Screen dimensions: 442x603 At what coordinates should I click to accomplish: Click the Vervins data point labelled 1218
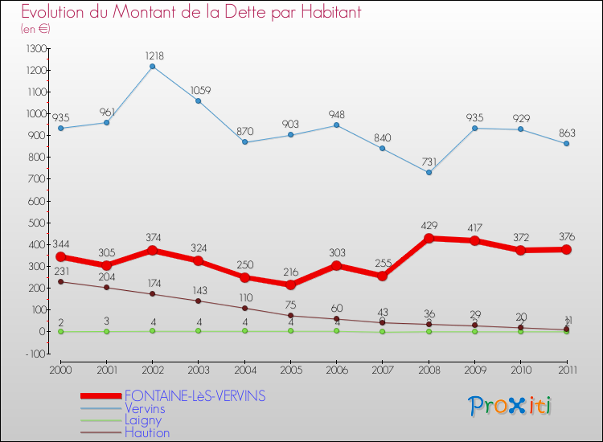tap(152, 66)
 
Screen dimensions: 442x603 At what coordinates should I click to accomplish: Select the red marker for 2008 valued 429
tap(429, 238)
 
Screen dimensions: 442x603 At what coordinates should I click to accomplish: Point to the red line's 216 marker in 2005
tap(290, 284)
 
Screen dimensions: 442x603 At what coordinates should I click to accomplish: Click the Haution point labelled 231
tap(60, 281)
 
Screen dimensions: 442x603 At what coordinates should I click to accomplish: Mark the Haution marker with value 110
tap(244, 308)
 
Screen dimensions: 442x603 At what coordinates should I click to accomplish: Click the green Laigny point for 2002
tap(152, 330)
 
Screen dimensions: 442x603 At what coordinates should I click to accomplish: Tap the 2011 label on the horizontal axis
tap(566, 370)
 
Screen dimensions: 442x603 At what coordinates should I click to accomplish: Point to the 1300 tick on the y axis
tap(36, 49)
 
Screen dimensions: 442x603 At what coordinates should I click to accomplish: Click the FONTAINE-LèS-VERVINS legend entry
tap(195, 396)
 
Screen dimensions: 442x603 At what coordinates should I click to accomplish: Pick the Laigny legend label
tap(143, 420)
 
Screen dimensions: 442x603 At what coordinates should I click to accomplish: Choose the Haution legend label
tap(147, 433)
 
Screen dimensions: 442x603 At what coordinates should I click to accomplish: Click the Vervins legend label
tap(145, 408)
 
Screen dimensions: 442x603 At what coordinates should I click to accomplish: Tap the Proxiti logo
tap(511, 406)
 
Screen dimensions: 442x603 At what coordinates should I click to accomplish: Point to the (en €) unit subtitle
tap(35, 29)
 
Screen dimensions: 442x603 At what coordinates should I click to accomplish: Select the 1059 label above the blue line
tap(199, 90)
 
